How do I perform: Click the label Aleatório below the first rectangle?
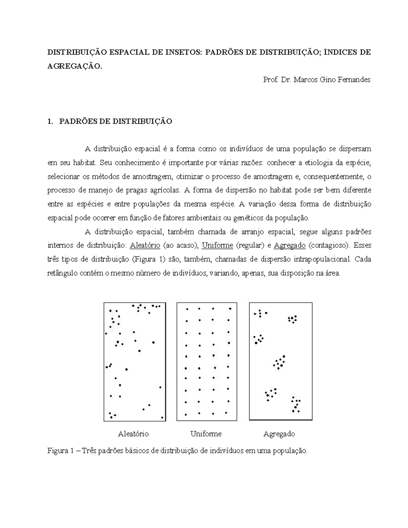coord(133,434)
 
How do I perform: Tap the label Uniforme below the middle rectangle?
coord(206,434)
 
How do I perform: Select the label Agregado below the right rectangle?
coord(279,434)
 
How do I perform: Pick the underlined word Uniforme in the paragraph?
coord(217,245)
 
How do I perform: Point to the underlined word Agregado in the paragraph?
coord(290,245)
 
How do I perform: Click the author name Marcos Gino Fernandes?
coord(331,80)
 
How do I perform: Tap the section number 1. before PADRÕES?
coord(51,121)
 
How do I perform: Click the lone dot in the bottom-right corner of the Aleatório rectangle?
coord(162,418)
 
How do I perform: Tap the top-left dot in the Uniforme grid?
coord(187,309)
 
